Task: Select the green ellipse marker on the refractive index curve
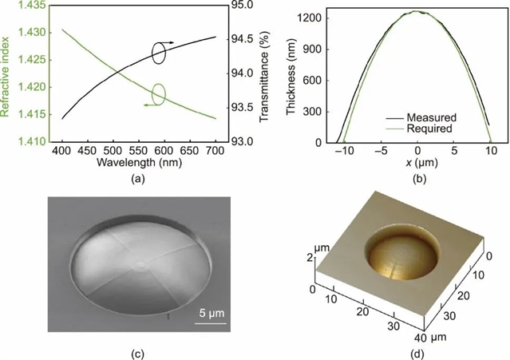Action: (x=158, y=94)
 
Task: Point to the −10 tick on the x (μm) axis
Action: (x=343, y=151)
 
